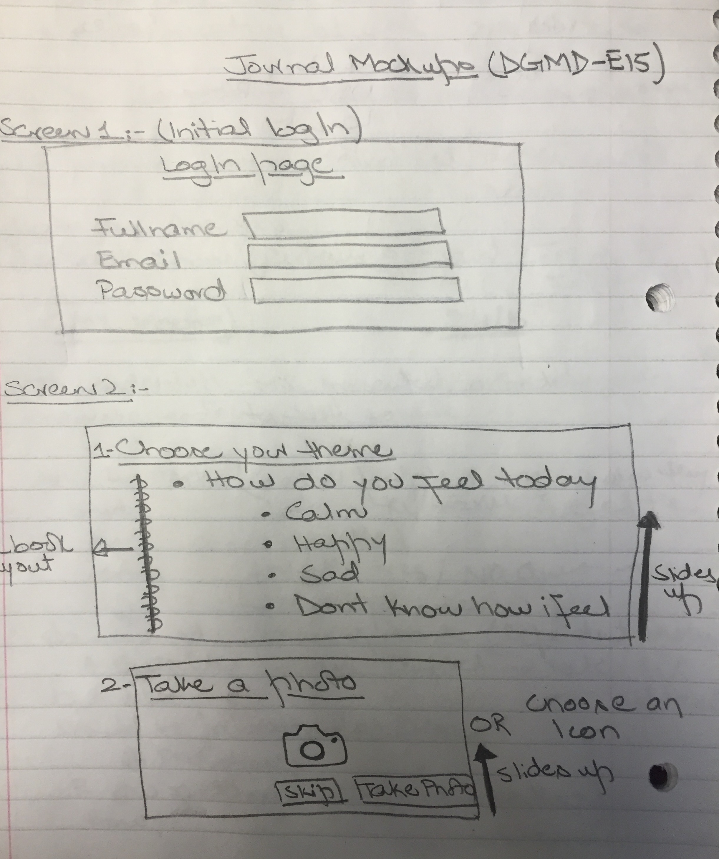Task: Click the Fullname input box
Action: pyautogui.click(x=344, y=223)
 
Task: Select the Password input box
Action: pyautogui.click(x=357, y=290)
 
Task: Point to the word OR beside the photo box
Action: pyautogui.click(x=490, y=725)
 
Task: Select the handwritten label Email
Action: pyautogui.click(x=139, y=259)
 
